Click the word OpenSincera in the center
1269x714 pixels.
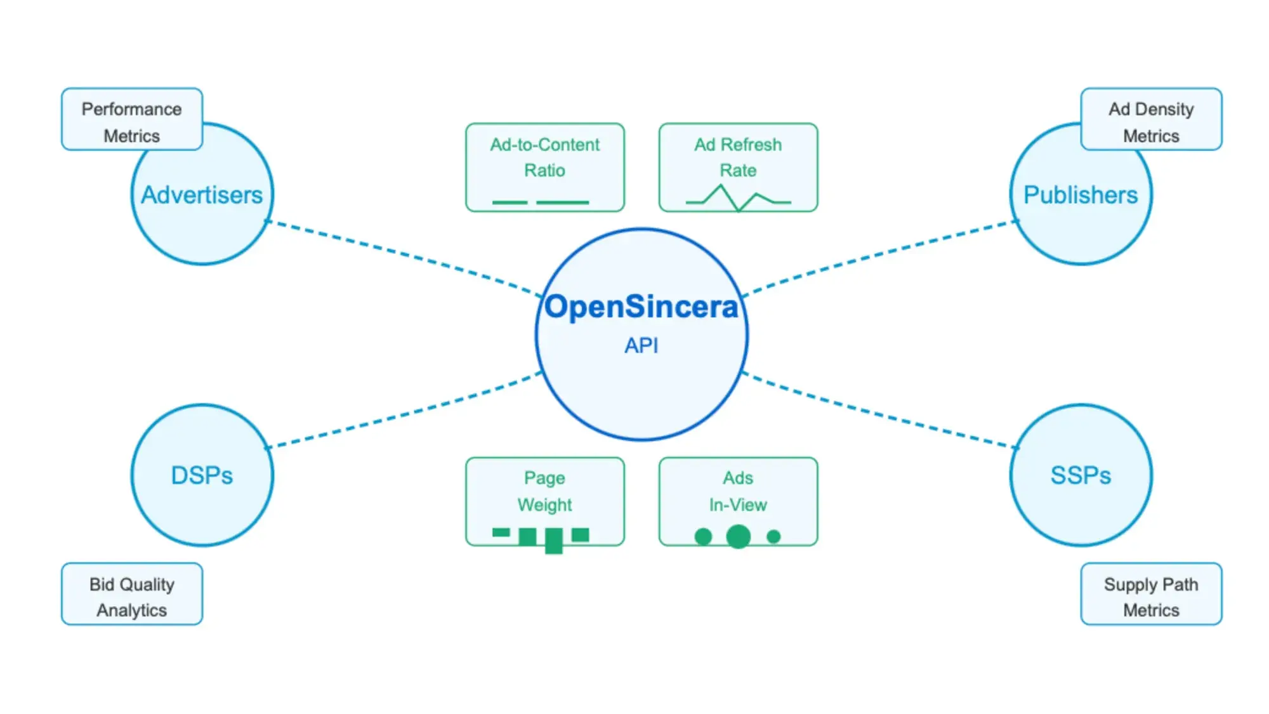[x=641, y=307]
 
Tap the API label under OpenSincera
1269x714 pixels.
[x=641, y=345]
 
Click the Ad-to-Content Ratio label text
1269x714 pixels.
[x=545, y=157]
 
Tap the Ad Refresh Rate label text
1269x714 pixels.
[x=738, y=157]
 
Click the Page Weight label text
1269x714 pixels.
[x=545, y=491]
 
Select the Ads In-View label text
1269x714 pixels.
[x=738, y=491]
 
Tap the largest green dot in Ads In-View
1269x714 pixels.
[x=739, y=536]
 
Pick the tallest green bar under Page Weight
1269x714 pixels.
[x=554, y=541]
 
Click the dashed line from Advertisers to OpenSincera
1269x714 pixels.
[x=404, y=258]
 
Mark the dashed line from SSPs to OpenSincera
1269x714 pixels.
[x=880, y=410]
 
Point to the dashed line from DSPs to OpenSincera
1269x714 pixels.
[x=404, y=410]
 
